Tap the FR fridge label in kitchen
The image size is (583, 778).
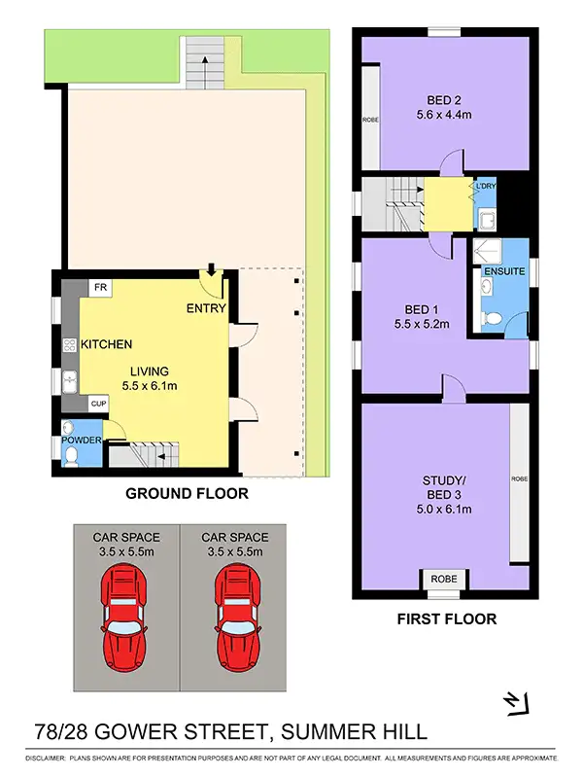[x=100, y=288]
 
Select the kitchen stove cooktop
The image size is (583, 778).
[x=69, y=344]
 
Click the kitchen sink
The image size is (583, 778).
[x=69, y=382]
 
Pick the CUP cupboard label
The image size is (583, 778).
[x=97, y=402]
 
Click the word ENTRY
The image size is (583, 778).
[x=206, y=309]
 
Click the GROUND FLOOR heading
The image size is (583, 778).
[x=187, y=494]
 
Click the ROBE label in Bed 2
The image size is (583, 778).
[x=369, y=120]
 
